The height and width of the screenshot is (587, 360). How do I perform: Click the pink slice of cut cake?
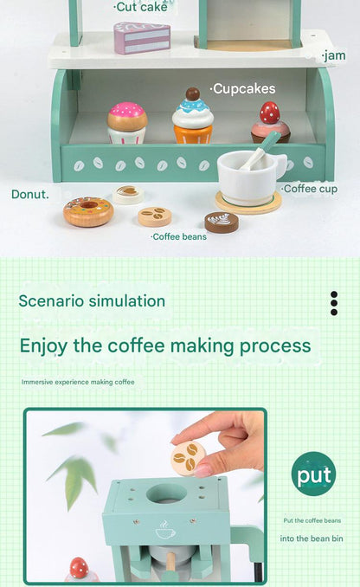pos(142,37)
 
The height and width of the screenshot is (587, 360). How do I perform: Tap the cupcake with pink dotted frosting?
pos(127,123)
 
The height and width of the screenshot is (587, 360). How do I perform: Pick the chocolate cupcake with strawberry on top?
pos(270,123)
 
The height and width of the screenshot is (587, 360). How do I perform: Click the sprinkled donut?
pos(88,211)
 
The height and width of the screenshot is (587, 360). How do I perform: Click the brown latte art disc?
pos(222,223)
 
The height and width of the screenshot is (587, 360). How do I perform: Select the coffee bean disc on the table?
pos(155,216)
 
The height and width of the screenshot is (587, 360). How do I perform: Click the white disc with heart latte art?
pos(128,194)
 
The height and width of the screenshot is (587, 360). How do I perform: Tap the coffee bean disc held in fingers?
pos(189,458)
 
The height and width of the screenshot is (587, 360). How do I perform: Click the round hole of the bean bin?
pos(166,493)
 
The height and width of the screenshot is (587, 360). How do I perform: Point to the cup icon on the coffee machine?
pos(165,529)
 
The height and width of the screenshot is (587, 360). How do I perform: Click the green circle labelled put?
pos(313,474)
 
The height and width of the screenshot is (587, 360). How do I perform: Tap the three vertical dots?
pos(334,303)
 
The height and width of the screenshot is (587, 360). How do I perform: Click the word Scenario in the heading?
pos(52,301)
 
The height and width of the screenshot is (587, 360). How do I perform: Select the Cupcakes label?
pos(243,88)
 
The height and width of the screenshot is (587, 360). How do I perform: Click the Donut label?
pos(30,194)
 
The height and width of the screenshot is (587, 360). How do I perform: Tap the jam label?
pos(334,55)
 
